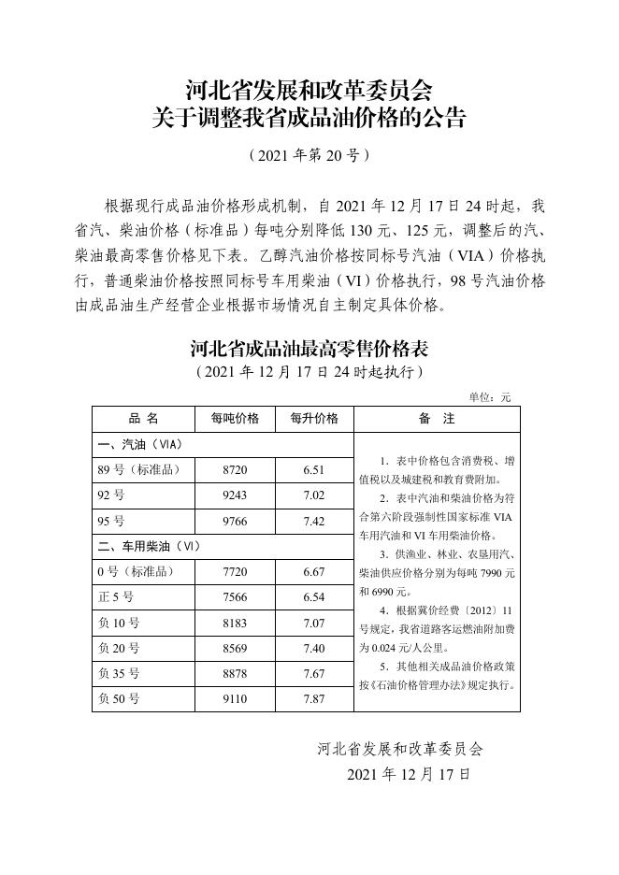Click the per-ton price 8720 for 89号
coord(235,469)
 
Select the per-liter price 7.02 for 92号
coord(314,495)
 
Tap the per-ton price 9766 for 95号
coord(235,521)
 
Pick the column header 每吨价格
coord(235,418)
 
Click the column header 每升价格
coord(314,418)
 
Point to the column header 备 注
coord(437,418)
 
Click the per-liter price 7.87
coord(314,698)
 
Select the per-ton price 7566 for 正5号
coord(235,596)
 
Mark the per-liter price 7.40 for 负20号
coord(314,647)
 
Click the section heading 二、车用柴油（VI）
coord(145,546)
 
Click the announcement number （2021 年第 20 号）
coord(309,155)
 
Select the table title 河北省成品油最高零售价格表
coord(309,350)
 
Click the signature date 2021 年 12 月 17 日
coord(408,775)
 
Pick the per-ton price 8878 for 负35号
coord(235,673)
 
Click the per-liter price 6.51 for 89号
coord(314,469)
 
